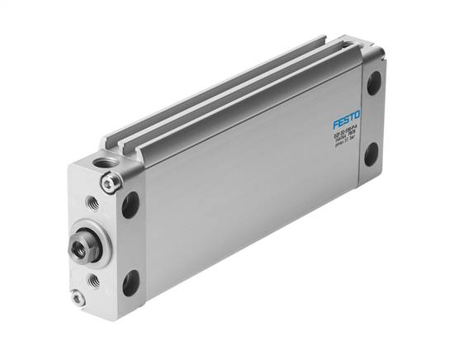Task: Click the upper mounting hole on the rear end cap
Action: pos(374,83)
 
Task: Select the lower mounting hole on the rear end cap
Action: pos(371,154)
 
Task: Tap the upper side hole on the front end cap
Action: pos(130,204)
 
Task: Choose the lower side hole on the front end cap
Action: pos(130,282)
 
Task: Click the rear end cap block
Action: pos(371,116)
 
